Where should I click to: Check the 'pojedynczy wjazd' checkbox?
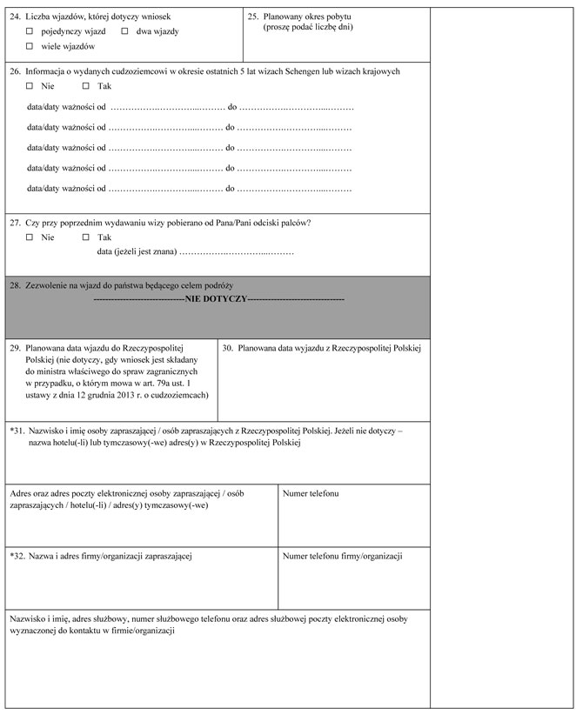pyautogui.click(x=30, y=31)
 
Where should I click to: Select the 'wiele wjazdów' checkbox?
pyautogui.click(x=30, y=45)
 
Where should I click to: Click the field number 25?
pyautogui.click(x=252, y=17)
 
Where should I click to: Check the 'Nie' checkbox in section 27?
pyautogui.click(x=30, y=237)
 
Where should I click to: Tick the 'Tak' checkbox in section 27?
pyautogui.click(x=86, y=237)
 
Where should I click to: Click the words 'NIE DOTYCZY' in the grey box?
pyautogui.click(x=217, y=298)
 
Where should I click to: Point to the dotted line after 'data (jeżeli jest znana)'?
pyautogui.click(x=236, y=252)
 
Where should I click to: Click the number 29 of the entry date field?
pyautogui.click(x=15, y=347)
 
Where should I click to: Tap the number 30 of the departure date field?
pyautogui.click(x=227, y=347)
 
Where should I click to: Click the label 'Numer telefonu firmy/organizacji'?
pyautogui.click(x=343, y=555)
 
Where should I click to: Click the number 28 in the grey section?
pyautogui.click(x=15, y=285)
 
